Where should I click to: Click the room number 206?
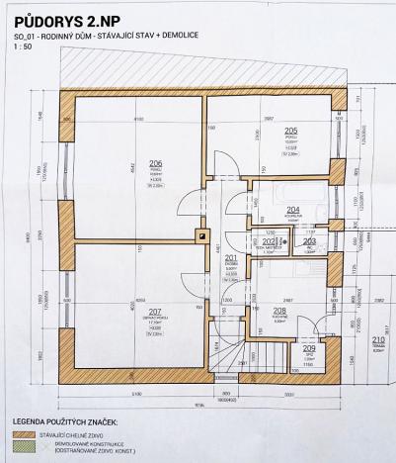156,163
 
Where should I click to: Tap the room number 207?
156,312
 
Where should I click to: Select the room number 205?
291,131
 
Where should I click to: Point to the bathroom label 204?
292,209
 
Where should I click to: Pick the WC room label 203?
309,240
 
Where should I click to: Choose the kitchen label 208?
279,311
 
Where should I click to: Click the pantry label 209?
309,348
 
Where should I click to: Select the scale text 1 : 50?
23,48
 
